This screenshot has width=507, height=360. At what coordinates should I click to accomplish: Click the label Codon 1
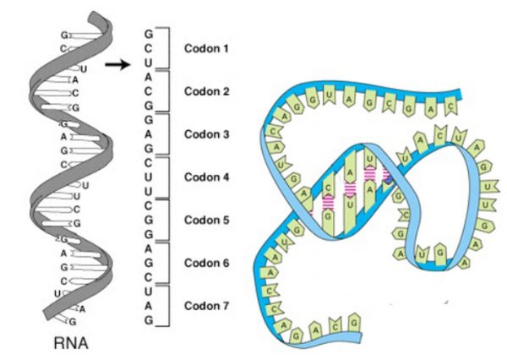(x=207, y=49)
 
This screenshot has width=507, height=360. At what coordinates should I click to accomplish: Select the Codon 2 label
(x=207, y=91)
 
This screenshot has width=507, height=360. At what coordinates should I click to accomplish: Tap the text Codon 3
(x=207, y=134)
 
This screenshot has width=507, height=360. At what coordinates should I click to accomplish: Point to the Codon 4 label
(x=207, y=177)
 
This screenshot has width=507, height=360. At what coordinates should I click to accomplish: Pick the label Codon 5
(x=207, y=220)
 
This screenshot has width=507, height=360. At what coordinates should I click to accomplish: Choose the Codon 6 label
(x=207, y=263)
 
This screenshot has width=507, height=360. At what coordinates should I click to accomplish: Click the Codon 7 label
(x=207, y=305)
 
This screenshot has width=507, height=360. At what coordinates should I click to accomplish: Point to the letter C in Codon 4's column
(x=150, y=163)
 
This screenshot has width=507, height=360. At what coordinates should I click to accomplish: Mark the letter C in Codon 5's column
(x=150, y=206)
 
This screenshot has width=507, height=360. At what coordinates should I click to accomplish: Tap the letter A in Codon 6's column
(x=150, y=249)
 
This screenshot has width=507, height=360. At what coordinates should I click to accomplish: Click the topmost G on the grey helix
(x=64, y=35)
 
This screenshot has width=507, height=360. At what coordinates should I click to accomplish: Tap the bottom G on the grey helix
(x=74, y=322)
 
